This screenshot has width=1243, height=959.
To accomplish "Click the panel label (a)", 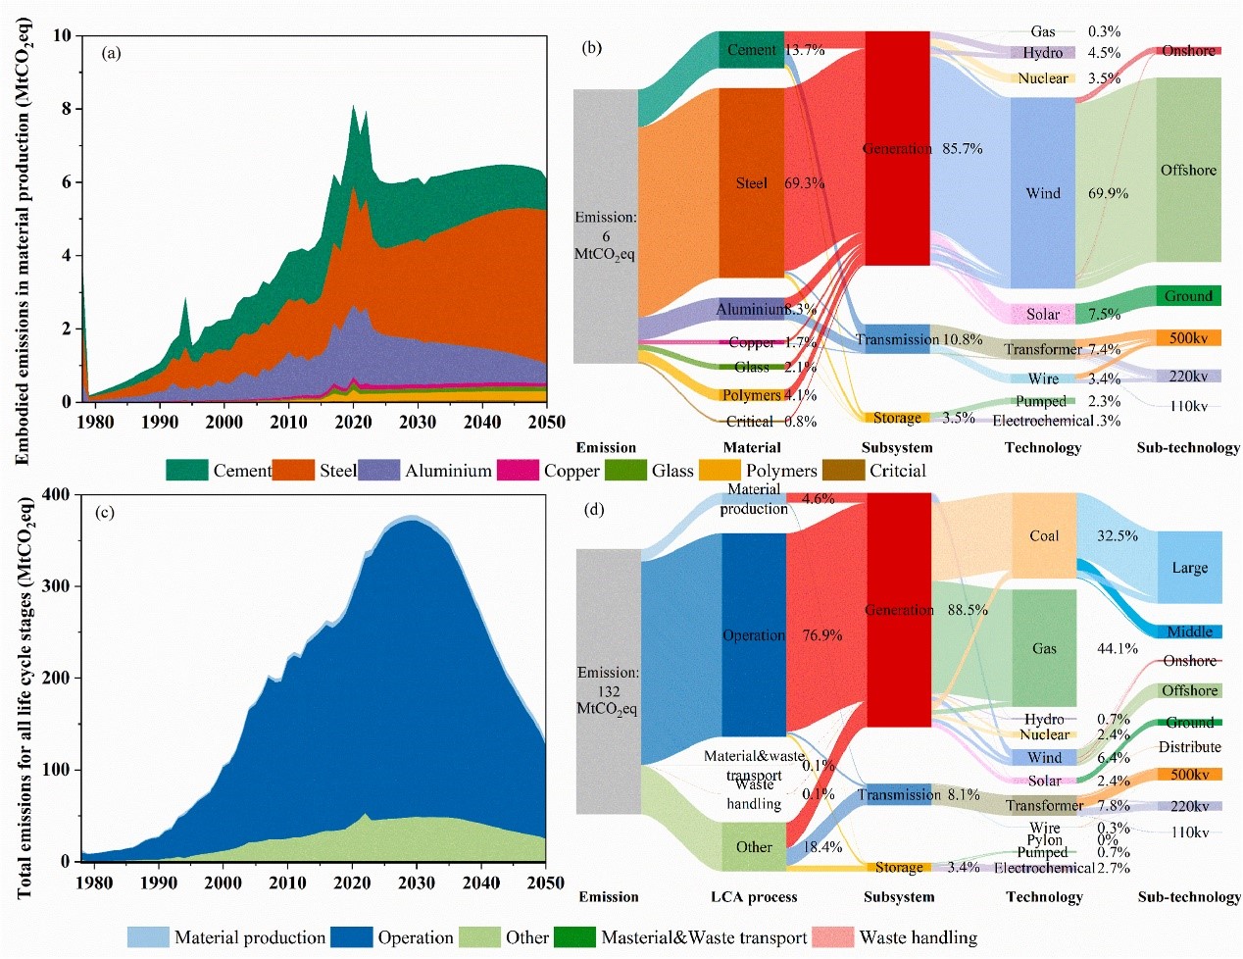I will click(111, 53).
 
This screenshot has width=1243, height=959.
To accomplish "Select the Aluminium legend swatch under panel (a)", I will click(378, 471).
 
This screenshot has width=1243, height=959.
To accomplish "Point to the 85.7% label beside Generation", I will click(962, 149).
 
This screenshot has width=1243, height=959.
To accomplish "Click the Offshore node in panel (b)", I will click(1188, 170).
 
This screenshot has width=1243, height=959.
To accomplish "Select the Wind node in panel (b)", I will click(1043, 193).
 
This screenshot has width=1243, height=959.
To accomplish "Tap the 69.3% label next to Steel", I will click(804, 183).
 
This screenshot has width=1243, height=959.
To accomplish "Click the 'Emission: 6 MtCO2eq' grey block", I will click(605, 227).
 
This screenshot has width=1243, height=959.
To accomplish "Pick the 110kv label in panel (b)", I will click(1188, 406).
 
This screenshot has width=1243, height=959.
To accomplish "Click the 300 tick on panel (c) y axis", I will click(56, 586).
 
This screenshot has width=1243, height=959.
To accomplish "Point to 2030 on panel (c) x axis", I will click(417, 883).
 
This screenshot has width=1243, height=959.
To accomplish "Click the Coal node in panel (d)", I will click(1044, 535).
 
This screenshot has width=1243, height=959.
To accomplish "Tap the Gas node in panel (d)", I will click(1044, 648).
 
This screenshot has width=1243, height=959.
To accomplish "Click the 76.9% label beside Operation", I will click(821, 635).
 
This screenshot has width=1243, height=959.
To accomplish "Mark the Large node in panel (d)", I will click(1189, 568).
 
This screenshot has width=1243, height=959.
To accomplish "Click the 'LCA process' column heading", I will click(753, 896).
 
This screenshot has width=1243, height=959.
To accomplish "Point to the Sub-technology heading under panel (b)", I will click(1188, 447).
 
